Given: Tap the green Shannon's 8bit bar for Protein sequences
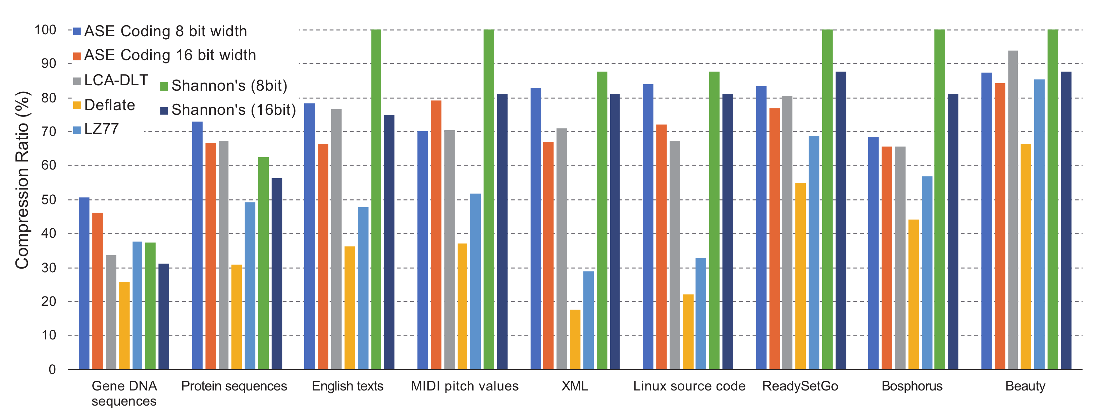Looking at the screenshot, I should click(264, 263).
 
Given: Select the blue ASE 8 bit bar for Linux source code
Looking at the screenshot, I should click(648, 227).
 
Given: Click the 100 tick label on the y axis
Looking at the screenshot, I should click(45, 30).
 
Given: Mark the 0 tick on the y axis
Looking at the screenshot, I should click(52, 369).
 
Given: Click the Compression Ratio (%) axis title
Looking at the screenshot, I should click(22, 180).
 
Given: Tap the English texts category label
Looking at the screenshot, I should click(347, 386).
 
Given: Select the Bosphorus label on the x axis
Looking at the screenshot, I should click(912, 386).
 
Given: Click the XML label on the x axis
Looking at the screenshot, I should click(575, 386).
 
